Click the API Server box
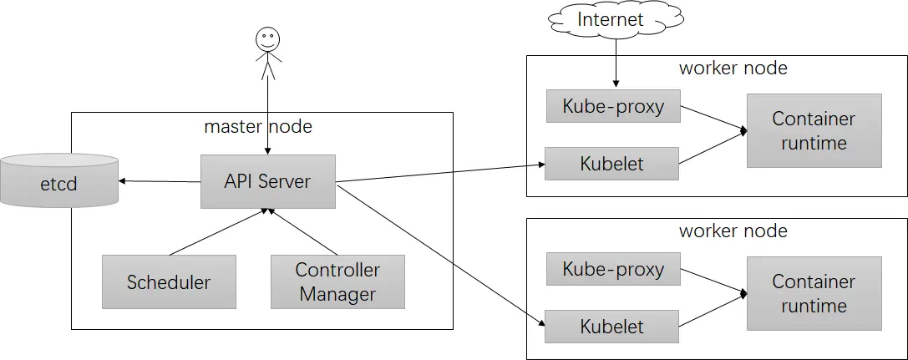pyautogui.click(x=267, y=181)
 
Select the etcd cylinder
pyautogui.click(x=58, y=180)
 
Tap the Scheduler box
pyautogui.click(x=169, y=281)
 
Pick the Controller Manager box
pyautogui.click(x=337, y=281)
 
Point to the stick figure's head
pyautogui.click(x=267, y=38)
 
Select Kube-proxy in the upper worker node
pyautogui.click(x=612, y=106)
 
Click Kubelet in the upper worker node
pyautogui.click(x=611, y=164)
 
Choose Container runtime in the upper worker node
pyautogui.click(x=814, y=130)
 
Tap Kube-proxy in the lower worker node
pyautogui.click(x=612, y=269)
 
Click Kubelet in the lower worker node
pyautogui.click(x=611, y=327)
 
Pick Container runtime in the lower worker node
pyautogui.click(x=814, y=293)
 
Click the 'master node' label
pyautogui.click(x=257, y=126)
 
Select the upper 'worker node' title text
pyautogui.click(x=733, y=68)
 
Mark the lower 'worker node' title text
pyautogui.click(x=733, y=231)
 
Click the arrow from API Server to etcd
pyautogui.click(x=159, y=181)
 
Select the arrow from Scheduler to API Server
pyautogui.click(x=217, y=233)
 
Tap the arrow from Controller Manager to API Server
pyautogui.click(x=302, y=233)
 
